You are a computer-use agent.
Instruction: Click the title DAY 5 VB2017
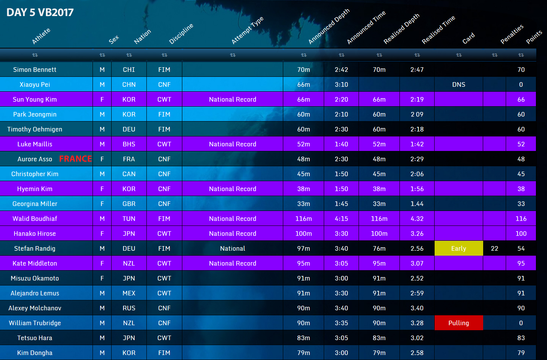40,12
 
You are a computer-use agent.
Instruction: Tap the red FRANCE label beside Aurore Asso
75,159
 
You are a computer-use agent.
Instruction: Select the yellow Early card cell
458,248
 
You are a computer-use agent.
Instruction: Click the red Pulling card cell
458,323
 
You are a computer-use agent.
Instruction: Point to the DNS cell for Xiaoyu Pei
458,84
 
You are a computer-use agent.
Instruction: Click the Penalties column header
512,34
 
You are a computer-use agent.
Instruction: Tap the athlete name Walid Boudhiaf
35,219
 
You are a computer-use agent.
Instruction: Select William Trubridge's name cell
35,323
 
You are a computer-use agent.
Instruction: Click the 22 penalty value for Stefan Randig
494,248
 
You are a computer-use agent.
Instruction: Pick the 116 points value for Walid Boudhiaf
521,219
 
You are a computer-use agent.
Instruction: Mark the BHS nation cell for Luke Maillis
129,144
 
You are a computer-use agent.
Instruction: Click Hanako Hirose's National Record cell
232,234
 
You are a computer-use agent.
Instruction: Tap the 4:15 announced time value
341,219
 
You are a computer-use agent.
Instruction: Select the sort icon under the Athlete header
35,55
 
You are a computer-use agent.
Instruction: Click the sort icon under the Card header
459,55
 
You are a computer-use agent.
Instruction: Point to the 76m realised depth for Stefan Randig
379,248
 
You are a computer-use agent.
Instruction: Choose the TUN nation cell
129,219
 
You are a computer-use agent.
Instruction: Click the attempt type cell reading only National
232,248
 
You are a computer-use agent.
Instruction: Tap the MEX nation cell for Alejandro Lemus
129,293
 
